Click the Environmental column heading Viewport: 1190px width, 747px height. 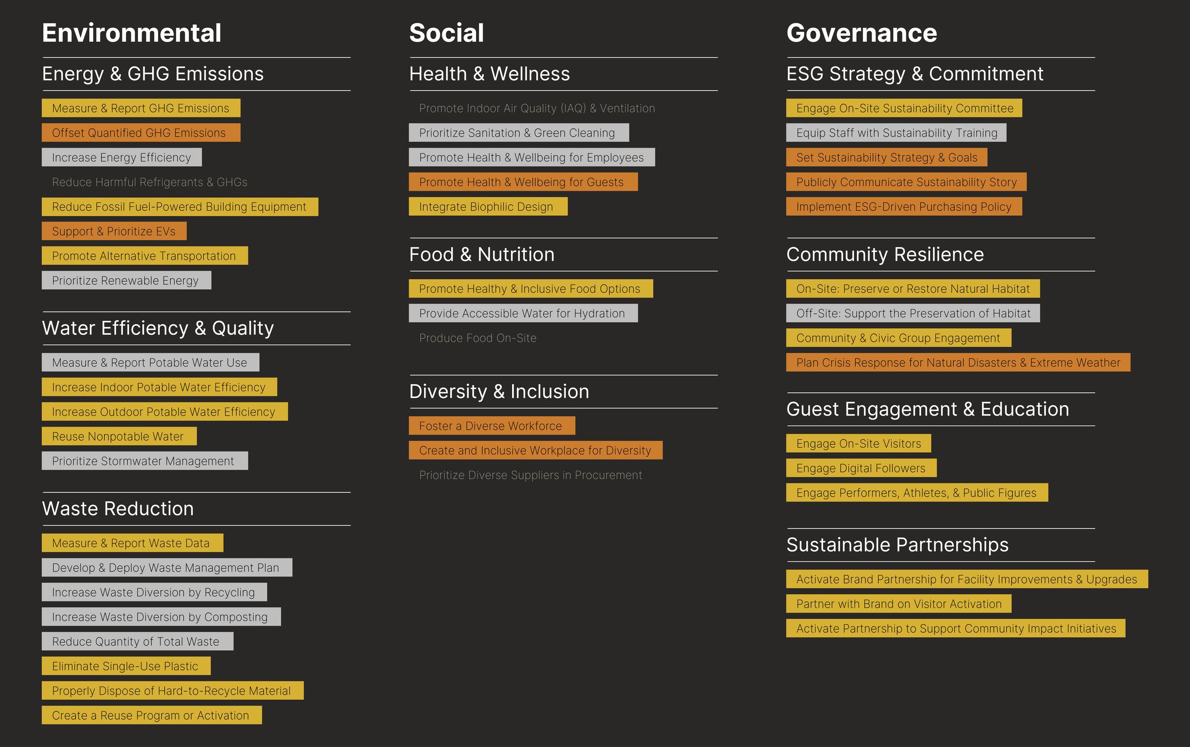click(131, 33)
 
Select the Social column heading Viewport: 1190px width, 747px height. click(446, 33)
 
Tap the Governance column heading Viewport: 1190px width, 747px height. click(861, 33)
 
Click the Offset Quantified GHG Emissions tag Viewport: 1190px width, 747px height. click(141, 133)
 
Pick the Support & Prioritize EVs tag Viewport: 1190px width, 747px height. click(114, 231)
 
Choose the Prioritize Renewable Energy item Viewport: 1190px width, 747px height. click(126, 280)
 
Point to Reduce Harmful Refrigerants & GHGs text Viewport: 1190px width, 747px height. click(149, 182)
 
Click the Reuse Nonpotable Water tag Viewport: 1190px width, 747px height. click(119, 436)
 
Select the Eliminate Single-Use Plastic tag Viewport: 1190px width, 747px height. click(126, 666)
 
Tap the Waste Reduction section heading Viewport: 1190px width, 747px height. click(118, 509)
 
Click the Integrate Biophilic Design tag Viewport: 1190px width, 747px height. click(487, 207)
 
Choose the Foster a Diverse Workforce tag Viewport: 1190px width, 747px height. click(492, 426)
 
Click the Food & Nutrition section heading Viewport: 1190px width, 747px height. click(482, 254)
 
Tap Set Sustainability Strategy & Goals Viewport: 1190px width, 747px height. click(886, 158)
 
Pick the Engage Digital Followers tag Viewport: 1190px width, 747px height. click(861, 468)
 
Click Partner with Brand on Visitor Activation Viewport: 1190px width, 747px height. click(898, 604)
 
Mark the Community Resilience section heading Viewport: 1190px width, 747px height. click(885, 254)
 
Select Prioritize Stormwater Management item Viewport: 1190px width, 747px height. click(144, 461)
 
